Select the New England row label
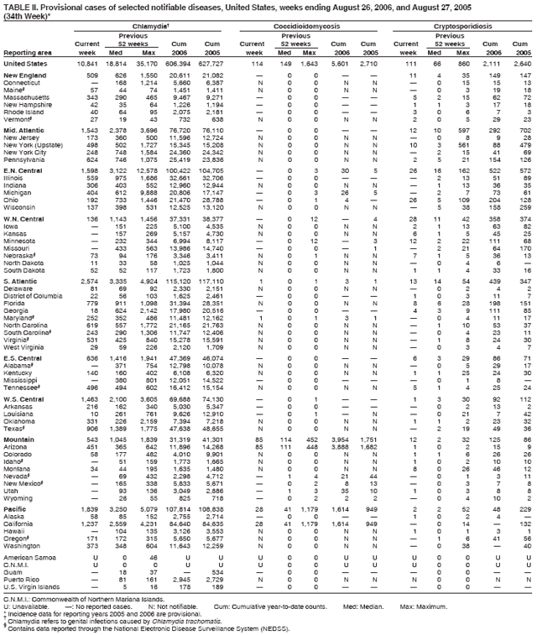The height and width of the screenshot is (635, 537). click(24, 76)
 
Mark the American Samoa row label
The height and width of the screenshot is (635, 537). click(28, 558)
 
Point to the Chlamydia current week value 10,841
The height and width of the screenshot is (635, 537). click(88, 64)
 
